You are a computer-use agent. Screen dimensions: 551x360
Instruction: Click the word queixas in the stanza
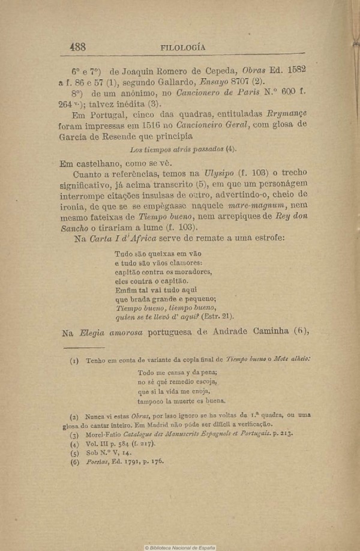(x=157, y=253)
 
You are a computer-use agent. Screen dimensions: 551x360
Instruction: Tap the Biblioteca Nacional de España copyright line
(x=180, y=547)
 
